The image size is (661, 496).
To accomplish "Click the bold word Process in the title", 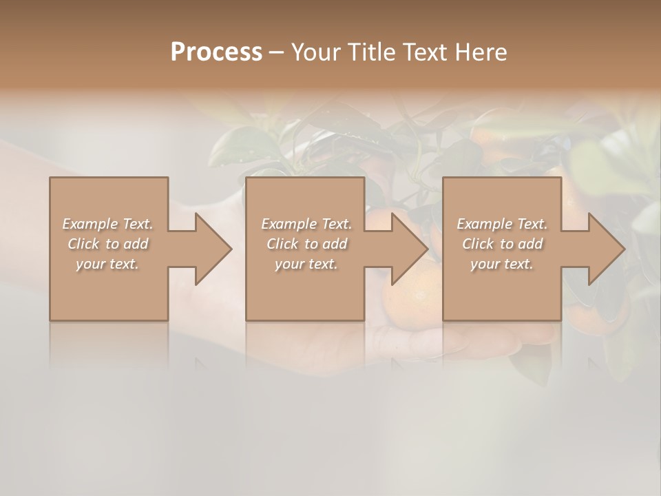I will pyautogui.click(x=216, y=52).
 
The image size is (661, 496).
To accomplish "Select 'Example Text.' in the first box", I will pyautogui.click(x=108, y=224).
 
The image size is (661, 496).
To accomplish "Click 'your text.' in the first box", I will pyautogui.click(x=108, y=264).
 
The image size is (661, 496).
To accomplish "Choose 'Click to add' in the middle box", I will pyautogui.click(x=306, y=244).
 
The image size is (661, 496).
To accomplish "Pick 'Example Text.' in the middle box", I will pyautogui.click(x=306, y=224).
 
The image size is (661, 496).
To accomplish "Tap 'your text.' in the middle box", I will pyautogui.click(x=306, y=264).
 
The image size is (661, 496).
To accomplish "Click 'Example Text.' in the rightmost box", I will pyautogui.click(x=502, y=224).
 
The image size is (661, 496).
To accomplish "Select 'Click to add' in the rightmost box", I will pyautogui.click(x=502, y=244).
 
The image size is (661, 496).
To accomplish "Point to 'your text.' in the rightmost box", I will pyautogui.click(x=502, y=264).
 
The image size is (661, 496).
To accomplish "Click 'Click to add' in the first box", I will pyautogui.click(x=108, y=244).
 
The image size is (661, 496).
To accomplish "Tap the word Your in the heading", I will pyautogui.click(x=315, y=52).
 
